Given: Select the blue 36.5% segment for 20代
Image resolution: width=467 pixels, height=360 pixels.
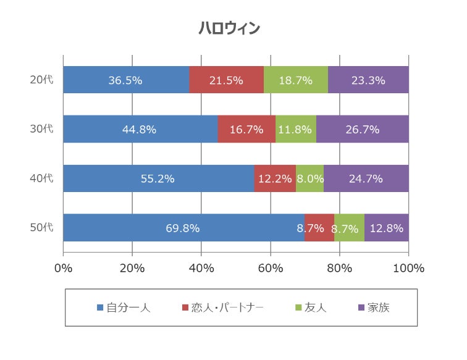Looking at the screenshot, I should (x=126, y=80).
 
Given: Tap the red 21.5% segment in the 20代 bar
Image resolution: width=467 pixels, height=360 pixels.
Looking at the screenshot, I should (x=226, y=80).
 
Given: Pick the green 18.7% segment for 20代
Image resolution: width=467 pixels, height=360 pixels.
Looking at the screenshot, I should (x=295, y=80).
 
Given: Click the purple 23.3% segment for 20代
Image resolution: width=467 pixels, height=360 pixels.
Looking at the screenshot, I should (x=368, y=80).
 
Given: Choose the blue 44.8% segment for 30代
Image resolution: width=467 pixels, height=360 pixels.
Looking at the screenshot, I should (x=140, y=129).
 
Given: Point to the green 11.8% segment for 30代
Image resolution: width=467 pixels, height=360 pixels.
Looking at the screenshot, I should (x=296, y=129).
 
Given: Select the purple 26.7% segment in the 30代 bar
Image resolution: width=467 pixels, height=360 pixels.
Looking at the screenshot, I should (x=363, y=129).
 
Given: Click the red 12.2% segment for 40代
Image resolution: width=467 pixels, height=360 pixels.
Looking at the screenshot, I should (x=275, y=178).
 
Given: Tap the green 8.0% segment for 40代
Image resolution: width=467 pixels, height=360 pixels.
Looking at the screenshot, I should (x=309, y=178).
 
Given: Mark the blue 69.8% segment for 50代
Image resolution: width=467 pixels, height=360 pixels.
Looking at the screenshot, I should (x=183, y=228).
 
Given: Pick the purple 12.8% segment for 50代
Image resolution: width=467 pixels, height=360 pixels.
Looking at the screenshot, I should (x=386, y=228).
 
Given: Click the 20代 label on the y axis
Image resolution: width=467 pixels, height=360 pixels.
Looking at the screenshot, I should (x=42, y=80).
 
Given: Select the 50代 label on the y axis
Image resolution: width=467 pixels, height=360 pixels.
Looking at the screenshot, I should (x=42, y=228).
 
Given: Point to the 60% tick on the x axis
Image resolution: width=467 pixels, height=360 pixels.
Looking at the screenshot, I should (x=271, y=268).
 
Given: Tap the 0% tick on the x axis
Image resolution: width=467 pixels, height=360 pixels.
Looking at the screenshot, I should (x=64, y=268).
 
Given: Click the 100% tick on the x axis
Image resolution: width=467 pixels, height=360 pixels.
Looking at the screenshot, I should (x=408, y=268).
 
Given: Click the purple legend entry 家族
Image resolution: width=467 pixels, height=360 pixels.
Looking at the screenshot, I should (x=377, y=308).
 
